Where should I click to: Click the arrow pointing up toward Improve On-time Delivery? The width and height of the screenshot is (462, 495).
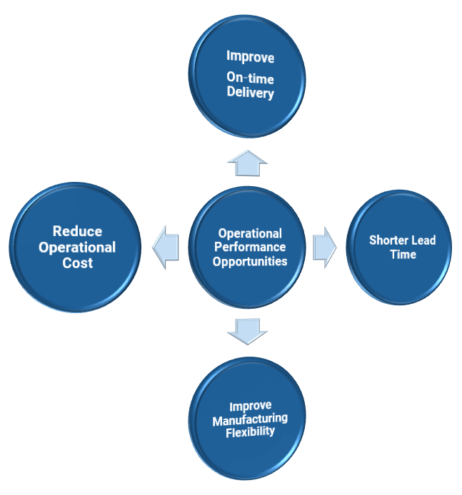[x=248, y=163]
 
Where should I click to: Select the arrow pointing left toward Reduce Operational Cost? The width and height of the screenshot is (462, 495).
[x=166, y=247]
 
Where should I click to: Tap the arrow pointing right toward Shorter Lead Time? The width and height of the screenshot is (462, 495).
[x=325, y=247]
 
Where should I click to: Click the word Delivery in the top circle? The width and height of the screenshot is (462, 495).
[x=250, y=93]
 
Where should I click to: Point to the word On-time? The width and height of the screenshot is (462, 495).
[x=250, y=79]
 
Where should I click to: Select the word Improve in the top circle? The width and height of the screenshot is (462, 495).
[x=250, y=56]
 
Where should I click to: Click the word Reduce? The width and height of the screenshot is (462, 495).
[x=77, y=232]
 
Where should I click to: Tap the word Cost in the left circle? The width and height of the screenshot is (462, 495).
[x=77, y=263]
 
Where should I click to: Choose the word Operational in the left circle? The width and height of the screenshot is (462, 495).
[x=77, y=247]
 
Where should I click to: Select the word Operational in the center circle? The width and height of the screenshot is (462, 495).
[x=250, y=233]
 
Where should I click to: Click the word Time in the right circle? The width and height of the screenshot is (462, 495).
[x=403, y=255]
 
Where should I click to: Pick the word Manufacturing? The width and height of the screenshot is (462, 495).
[x=250, y=419]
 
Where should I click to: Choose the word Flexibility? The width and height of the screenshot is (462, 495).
[x=250, y=431]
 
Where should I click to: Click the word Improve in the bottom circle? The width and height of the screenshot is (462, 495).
[x=250, y=406]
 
